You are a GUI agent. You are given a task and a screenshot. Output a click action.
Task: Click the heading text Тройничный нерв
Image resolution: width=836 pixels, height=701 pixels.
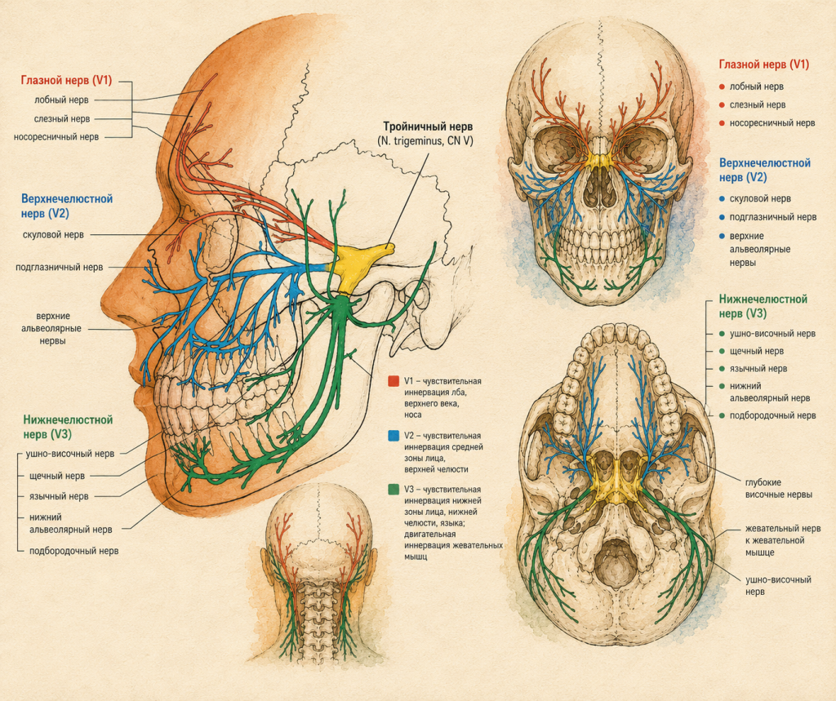[428, 126]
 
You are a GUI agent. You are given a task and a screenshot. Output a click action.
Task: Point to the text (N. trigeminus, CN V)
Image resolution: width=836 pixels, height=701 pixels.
[425, 141]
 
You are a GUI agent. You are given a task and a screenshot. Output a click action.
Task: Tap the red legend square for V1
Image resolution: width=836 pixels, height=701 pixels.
[394, 381]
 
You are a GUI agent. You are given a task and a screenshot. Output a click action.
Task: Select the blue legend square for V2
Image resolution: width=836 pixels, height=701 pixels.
[394, 436]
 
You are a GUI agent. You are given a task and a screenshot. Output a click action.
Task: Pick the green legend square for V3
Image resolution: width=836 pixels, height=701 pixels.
[394, 490]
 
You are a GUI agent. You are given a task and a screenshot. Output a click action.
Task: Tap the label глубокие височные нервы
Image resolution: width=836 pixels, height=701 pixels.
[778, 488]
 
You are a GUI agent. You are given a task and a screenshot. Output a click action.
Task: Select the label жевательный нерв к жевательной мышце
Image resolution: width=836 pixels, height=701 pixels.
[783, 540]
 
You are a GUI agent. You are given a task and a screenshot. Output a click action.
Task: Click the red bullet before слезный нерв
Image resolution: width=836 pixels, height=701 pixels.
[722, 105]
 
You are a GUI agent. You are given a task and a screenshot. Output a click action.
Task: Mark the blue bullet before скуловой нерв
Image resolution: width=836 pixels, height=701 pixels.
[722, 199]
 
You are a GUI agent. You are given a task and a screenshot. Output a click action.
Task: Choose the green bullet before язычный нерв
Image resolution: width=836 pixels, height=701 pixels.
[722, 368]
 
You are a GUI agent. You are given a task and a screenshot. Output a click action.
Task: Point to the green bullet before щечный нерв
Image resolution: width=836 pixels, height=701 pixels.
[722, 351]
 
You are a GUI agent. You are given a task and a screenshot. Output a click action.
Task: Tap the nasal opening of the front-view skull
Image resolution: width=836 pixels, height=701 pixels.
[602, 189]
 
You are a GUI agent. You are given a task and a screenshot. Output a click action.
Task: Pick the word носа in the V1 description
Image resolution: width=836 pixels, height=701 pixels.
[412, 415]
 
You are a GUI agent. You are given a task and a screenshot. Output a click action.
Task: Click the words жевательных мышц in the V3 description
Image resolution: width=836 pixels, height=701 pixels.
[454, 551]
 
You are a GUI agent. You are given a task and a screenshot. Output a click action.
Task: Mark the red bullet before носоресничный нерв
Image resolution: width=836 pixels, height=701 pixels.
[722, 123]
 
